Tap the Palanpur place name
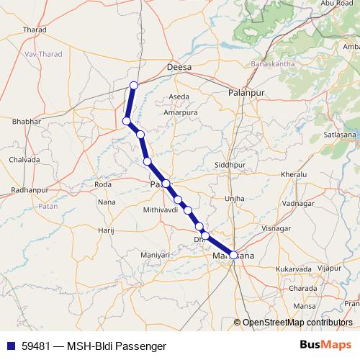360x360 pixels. pos(243,94)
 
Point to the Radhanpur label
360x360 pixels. pos(30,190)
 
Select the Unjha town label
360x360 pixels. pos(235,198)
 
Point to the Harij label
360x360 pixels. pos(107,230)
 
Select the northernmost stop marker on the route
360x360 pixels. pos(133,86)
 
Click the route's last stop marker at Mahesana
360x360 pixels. pos(233,254)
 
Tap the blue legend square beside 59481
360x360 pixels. pos(9,346)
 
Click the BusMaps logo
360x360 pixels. pos(326,345)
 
